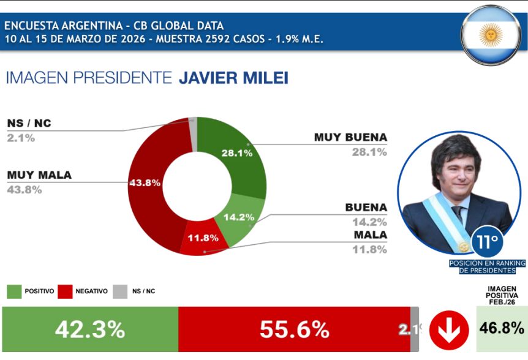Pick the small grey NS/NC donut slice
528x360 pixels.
[193, 125]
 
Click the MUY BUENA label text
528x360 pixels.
[350, 137]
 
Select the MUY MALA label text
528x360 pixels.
[39, 175]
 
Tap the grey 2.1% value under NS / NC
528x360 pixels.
[21, 138]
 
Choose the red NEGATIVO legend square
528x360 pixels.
[65, 291]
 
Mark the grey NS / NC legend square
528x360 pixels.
[121, 291]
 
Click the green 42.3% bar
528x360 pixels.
[90, 330]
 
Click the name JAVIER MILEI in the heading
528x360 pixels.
[233, 78]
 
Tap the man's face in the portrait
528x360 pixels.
[454, 171]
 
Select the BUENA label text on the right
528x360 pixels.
[366, 207]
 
